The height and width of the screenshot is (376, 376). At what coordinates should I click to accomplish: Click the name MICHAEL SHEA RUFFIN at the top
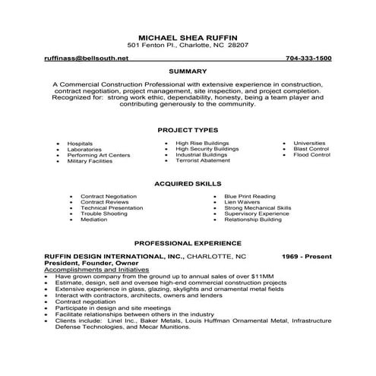click(188, 36)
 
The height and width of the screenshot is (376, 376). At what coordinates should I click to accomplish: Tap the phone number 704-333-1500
click(308, 58)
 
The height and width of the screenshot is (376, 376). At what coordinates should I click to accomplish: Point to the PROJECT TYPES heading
click(188, 129)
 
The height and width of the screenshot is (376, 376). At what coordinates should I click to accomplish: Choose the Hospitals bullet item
click(80, 143)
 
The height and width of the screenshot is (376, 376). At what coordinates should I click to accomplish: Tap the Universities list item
click(308, 142)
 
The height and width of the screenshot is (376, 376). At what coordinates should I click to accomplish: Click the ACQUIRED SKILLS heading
click(188, 184)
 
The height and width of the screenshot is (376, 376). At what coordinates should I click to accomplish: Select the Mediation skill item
click(94, 220)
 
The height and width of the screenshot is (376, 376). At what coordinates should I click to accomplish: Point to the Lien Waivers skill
click(244, 201)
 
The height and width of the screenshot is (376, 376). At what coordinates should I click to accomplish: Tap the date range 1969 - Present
click(303, 257)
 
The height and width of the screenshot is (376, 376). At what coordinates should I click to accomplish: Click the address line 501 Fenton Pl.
click(188, 45)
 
